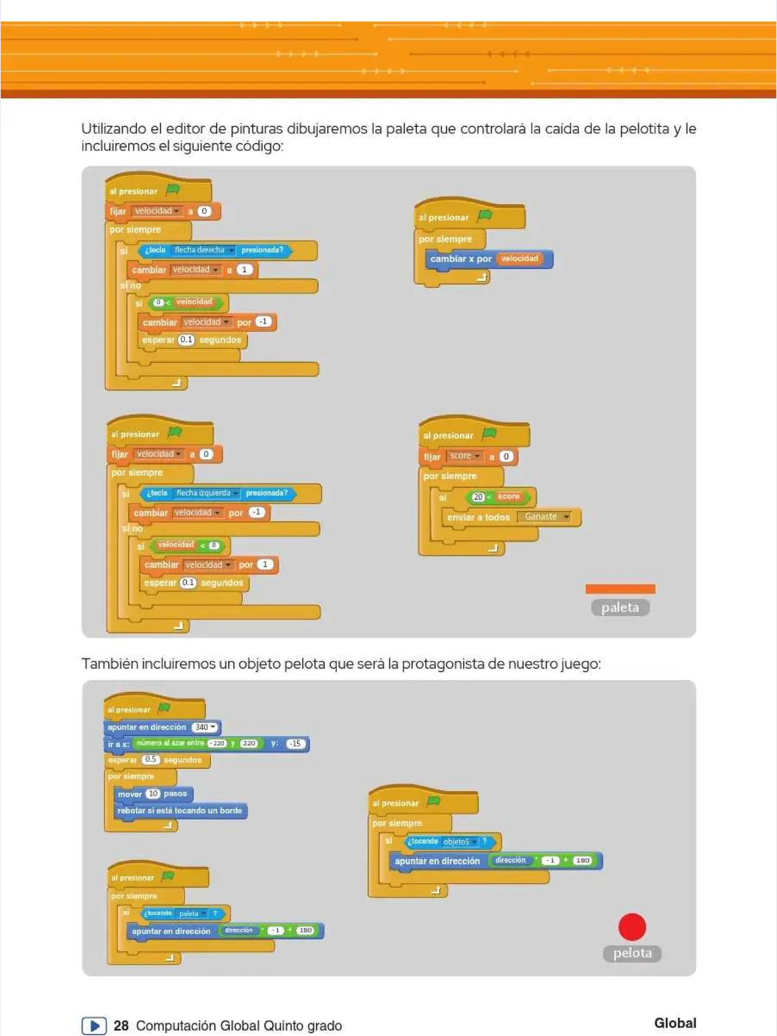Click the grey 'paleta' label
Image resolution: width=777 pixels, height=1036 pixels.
pos(620,607)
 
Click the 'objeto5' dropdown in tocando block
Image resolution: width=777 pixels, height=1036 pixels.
pos(459,842)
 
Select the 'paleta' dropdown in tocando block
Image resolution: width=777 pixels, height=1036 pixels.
pos(192,913)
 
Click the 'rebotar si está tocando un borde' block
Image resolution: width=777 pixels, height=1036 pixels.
pos(180,811)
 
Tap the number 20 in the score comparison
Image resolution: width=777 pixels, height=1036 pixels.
pos(478,497)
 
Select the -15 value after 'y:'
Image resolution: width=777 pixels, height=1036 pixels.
pos(296,743)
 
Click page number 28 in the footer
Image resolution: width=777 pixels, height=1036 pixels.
pos(121,1026)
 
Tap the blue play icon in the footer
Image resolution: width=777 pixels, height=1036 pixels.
pos(94,1026)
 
